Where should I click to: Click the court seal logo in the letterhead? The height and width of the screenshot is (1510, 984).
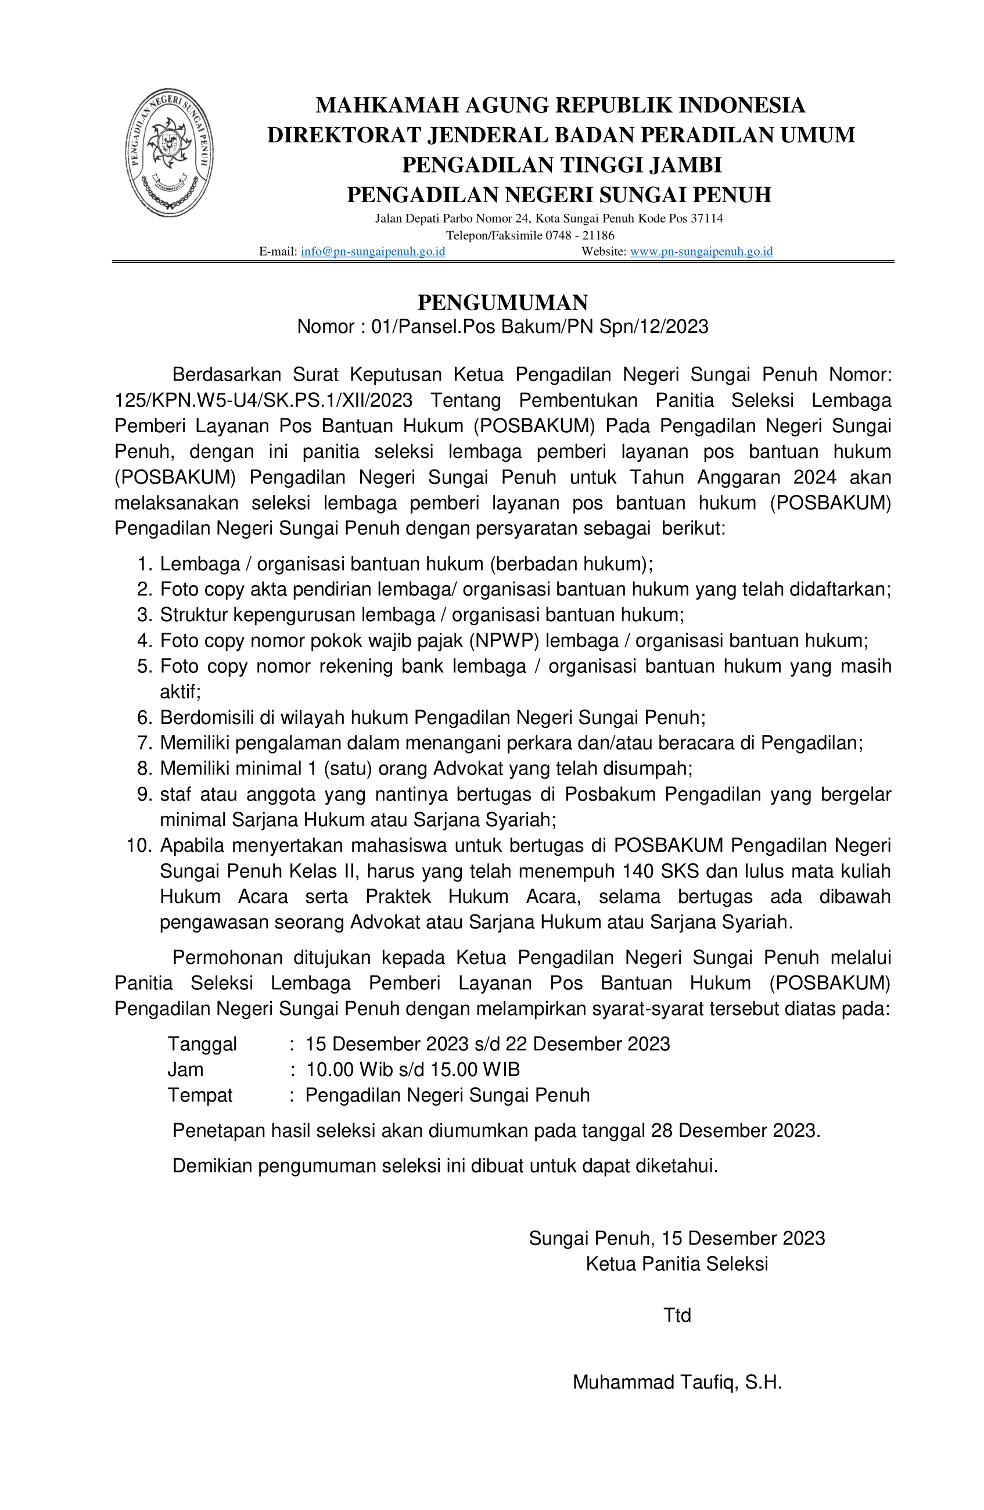[x=169, y=152]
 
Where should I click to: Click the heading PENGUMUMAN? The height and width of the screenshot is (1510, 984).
[x=502, y=303]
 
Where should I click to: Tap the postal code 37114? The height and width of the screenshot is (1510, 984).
[x=706, y=219]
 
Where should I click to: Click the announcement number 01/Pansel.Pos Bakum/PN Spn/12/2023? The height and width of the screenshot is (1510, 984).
[x=539, y=327]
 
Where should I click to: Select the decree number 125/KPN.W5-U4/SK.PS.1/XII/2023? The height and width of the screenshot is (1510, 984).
[x=263, y=401]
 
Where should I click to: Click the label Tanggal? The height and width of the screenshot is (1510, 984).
[x=202, y=1043]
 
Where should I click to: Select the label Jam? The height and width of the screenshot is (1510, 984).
[x=185, y=1070]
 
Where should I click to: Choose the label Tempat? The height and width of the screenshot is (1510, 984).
[x=200, y=1095]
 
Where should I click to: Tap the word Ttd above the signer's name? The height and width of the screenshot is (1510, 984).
[x=676, y=1315]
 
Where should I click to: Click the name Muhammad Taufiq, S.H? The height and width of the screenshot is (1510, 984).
[x=676, y=1383]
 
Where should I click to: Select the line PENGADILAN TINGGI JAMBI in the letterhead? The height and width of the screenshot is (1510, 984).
[x=562, y=165]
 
